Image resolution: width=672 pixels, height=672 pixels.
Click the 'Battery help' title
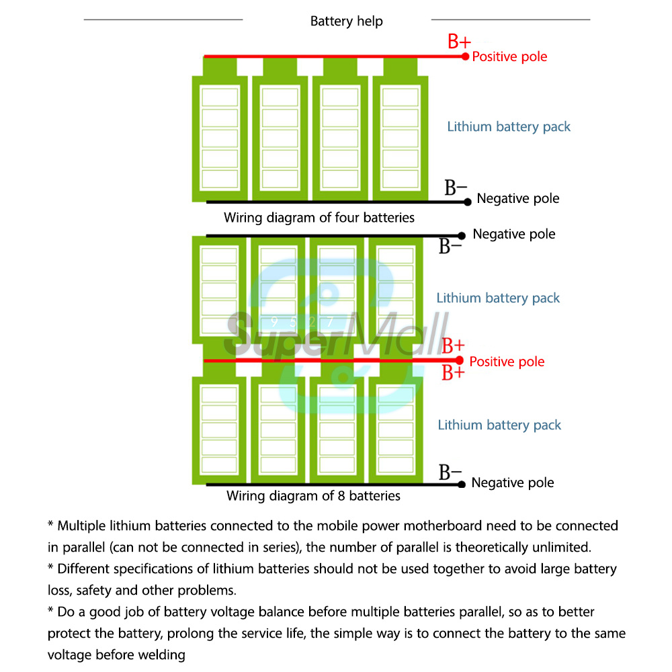tap(346, 22)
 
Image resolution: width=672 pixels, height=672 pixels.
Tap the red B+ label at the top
tap(459, 42)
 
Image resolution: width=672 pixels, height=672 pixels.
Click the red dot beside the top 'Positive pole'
tap(465, 56)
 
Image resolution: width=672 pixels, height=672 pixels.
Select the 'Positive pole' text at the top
tap(509, 57)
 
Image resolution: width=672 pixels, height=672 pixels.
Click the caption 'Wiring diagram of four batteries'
tap(319, 218)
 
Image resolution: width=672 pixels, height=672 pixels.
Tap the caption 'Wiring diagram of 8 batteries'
tap(313, 496)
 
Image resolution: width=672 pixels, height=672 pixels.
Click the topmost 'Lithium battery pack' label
tap(509, 126)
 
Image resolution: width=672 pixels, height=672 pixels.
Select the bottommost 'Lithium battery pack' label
tap(499, 425)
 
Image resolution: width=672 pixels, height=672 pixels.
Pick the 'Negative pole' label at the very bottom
tap(513, 482)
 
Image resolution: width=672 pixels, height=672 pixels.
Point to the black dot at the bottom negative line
tap(462, 484)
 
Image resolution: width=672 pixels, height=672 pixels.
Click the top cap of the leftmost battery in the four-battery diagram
tap(220, 67)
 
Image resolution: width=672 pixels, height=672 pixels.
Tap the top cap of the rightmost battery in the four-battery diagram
tap(401, 67)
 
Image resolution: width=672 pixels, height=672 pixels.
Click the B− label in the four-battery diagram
tap(456, 187)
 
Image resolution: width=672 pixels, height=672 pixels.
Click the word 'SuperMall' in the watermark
tap(336, 336)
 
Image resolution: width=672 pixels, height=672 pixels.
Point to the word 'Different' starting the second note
tap(83, 569)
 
